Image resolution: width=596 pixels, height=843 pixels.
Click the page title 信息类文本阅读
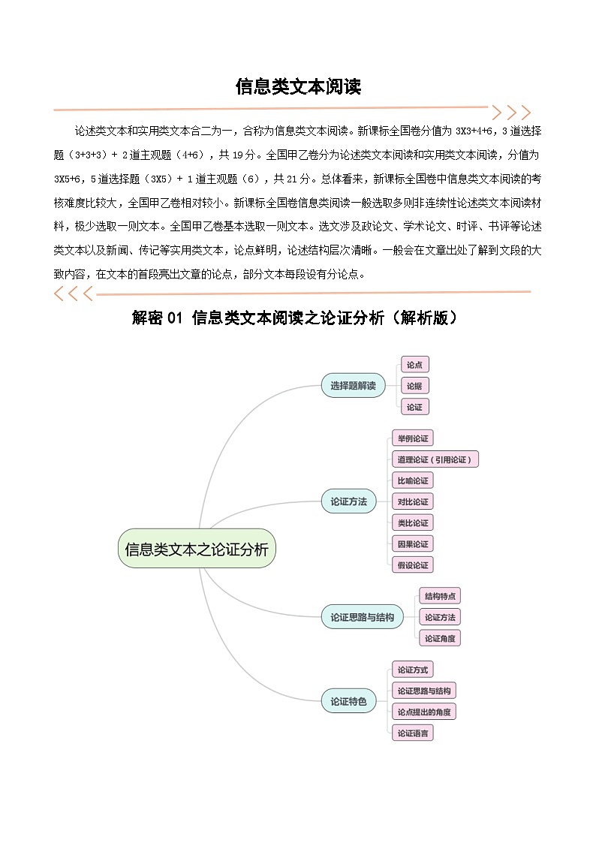298,87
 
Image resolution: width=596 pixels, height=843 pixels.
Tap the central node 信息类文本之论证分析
197,549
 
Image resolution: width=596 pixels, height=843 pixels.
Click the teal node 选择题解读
353,386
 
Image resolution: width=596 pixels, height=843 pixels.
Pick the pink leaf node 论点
414,365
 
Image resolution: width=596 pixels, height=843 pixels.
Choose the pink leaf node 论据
414,386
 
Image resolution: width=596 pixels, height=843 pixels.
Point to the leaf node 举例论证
413,438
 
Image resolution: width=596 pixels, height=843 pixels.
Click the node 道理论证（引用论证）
435,459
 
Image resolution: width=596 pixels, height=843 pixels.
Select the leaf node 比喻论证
413,480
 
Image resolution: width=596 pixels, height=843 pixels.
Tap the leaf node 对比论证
413,501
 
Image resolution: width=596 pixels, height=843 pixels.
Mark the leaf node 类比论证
413,522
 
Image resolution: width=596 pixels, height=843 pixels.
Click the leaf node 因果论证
413,543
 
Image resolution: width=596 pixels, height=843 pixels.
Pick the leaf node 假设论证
413,565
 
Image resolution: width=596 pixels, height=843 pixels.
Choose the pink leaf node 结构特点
440,596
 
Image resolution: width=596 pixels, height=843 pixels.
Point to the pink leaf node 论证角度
440,638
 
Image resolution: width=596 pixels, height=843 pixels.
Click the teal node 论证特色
348,701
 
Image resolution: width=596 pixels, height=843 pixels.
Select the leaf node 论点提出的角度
424,712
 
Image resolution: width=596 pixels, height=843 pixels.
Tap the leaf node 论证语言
413,733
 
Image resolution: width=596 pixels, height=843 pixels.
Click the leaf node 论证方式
413,670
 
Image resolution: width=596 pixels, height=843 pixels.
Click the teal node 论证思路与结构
362,617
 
